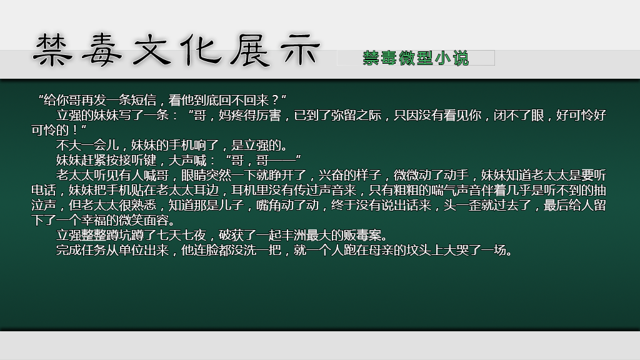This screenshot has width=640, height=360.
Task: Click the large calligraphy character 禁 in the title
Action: [x=53, y=51]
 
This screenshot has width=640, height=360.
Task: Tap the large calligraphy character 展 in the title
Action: [x=250, y=51]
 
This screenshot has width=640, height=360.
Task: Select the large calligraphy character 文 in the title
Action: [x=152, y=51]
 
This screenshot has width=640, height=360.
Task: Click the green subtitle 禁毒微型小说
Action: [x=416, y=58]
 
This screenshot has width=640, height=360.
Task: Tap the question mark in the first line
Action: [x=275, y=100]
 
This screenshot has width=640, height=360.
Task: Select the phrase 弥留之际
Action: [x=356, y=115]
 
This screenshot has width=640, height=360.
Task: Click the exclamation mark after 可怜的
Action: [x=75, y=131]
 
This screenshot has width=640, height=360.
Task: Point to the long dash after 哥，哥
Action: [x=282, y=160]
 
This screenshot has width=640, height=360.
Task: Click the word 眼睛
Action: [x=194, y=175]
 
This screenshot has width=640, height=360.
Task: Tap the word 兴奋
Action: [x=331, y=175]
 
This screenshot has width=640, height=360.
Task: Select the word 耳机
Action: [x=244, y=190]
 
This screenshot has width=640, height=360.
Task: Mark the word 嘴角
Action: [x=269, y=205]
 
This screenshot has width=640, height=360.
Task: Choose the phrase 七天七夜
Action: [x=181, y=235]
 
